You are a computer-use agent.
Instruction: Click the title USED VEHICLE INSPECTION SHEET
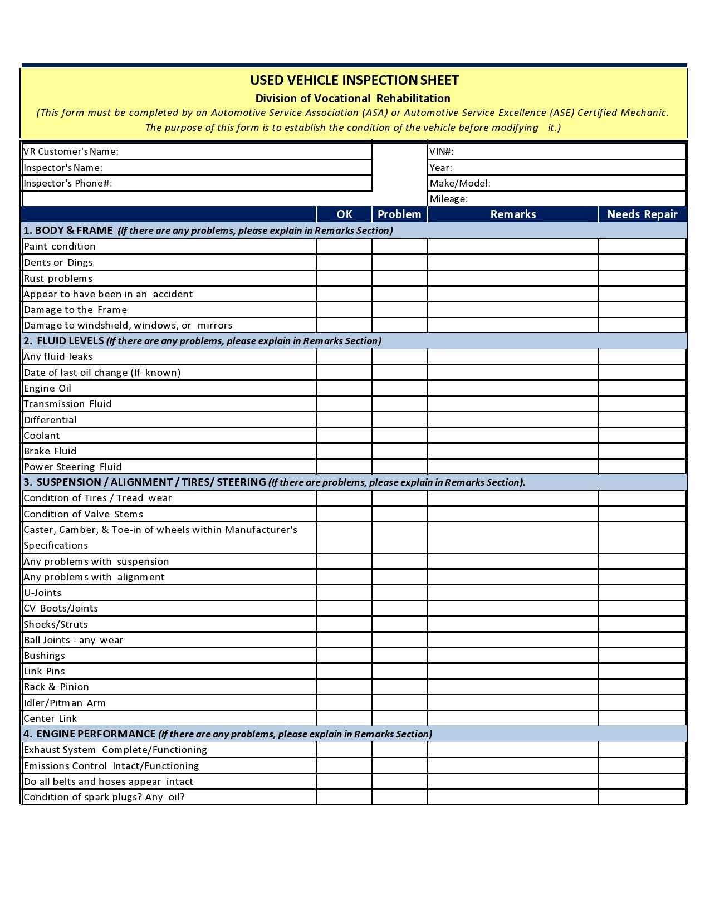tap(354, 80)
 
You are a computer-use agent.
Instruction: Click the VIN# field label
tap(442, 151)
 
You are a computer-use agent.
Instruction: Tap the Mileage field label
tap(449, 199)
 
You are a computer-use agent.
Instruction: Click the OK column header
tap(344, 214)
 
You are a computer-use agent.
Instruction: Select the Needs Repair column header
tap(642, 214)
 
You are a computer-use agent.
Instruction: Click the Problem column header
tap(399, 214)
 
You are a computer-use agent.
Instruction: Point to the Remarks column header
tap(513, 214)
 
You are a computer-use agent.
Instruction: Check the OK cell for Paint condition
tap(344, 246)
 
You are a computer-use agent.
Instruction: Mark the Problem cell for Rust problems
tap(399, 278)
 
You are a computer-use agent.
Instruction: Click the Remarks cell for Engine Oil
tap(513, 388)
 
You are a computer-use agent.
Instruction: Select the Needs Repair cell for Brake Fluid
tap(642, 451)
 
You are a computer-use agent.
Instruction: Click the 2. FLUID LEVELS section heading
tap(63, 341)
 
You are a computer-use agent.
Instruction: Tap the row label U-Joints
tap(42, 593)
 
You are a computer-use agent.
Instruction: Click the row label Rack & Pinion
tap(56, 687)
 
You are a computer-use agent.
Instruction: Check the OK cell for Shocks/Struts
tap(344, 624)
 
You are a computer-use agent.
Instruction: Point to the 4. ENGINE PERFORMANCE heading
tap(90, 734)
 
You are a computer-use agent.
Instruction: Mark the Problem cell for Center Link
tap(399, 718)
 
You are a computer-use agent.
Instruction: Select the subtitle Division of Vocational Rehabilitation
tap(352, 99)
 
